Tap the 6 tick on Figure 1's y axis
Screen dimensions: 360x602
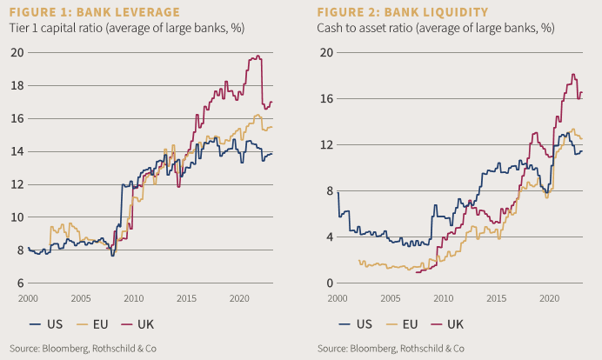pos(18,283)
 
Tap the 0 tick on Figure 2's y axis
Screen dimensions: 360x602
pos(328,283)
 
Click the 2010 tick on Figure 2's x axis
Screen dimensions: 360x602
pos(444,297)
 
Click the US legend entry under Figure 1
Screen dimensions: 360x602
pos(47,323)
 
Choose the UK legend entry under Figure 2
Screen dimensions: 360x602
pos(445,323)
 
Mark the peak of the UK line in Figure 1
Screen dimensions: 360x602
pos(258,57)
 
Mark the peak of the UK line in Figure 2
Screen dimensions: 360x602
pos(573,74)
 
